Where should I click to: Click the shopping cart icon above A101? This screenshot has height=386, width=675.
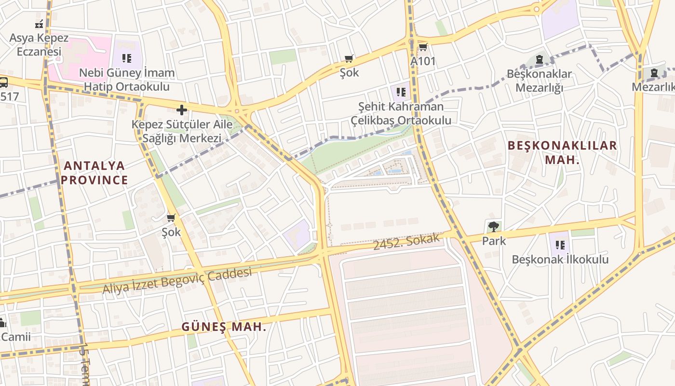tap(423, 47)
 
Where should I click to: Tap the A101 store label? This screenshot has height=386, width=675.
tap(423, 61)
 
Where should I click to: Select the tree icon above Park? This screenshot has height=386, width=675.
tap(493, 226)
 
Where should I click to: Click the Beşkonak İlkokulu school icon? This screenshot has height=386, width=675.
tap(560, 245)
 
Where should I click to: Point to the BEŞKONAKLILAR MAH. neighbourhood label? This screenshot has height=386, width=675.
tap(562, 152)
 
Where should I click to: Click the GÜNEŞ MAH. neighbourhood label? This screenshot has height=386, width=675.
tap(224, 327)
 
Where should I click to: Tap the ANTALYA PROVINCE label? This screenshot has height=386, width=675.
tap(94, 173)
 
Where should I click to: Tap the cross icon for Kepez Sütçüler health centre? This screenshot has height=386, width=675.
tap(181, 110)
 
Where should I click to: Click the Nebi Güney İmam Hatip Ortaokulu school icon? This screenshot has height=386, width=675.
tap(127, 59)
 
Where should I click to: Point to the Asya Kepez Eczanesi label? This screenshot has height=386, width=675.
tap(39, 44)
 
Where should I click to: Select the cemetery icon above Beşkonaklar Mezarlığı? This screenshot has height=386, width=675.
tap(539, 60)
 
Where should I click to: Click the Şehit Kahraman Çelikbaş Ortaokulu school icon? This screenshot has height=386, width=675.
tap(401, 92)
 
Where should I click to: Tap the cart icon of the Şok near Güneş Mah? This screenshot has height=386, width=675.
tap(171, 218)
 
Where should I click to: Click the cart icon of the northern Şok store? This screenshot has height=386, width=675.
tap(349, 59)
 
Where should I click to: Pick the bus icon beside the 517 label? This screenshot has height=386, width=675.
tap(3, 82)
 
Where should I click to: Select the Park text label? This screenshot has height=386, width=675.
tap(494, 241)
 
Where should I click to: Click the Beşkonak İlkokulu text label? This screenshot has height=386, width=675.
tap(560, 260)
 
